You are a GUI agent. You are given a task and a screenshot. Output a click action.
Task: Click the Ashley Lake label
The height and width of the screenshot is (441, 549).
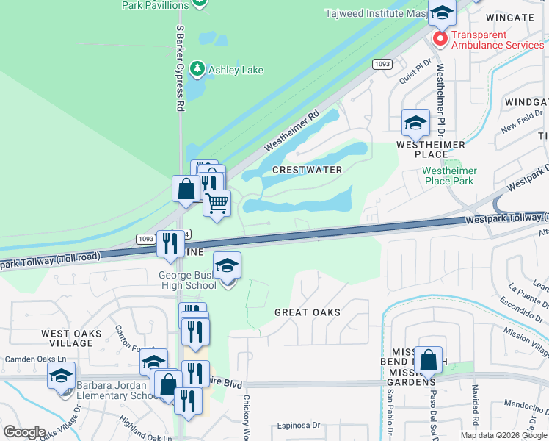coord(236,71)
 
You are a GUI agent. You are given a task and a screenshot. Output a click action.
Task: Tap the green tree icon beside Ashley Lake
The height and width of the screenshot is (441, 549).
coord(197,70)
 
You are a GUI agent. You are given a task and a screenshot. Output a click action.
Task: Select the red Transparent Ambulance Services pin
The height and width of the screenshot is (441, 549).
coord(440,38)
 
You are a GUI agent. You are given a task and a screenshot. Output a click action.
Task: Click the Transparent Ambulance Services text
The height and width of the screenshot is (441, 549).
coord(498,40)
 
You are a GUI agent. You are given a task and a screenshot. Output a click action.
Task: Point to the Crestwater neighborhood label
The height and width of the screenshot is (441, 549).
coord(307,170)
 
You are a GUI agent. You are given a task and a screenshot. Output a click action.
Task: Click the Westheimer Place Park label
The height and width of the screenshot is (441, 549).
coord(450,176)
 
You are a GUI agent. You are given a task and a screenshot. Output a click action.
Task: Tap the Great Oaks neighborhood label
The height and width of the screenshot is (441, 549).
coord(308,312)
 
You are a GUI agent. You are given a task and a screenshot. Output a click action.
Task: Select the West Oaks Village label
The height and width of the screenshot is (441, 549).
coord(71,339)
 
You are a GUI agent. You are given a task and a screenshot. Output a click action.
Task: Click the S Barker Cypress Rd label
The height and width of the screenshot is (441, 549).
coord(180,68)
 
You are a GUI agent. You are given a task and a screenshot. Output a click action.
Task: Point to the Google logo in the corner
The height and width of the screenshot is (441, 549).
coord(24,432)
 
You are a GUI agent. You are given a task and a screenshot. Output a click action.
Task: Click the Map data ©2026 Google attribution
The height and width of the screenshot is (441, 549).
coord(503,435)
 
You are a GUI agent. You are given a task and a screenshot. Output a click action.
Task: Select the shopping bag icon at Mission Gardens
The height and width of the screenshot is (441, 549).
coord(428,359)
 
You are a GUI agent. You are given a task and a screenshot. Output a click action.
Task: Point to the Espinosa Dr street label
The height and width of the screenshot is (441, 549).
coord(299,425)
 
